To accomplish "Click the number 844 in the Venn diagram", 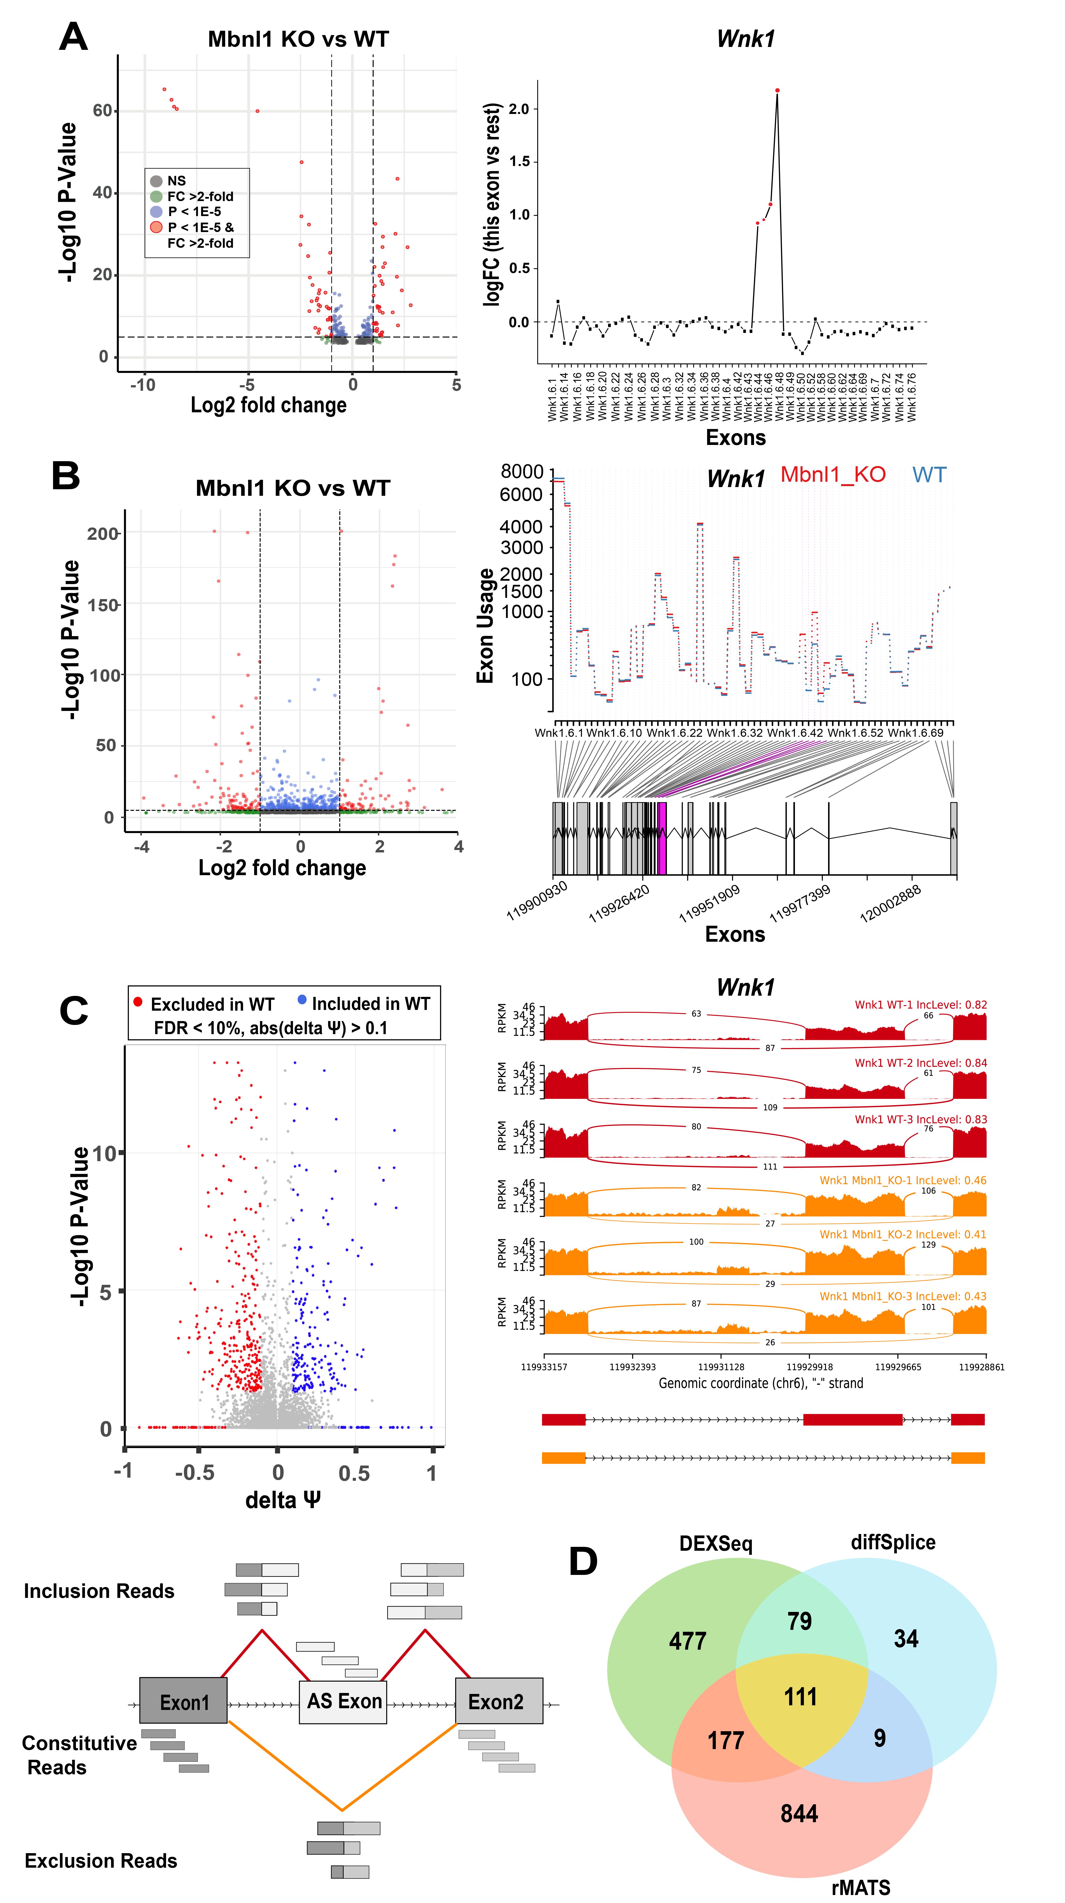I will pos(799,1814).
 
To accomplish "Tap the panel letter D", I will pos(583,1561).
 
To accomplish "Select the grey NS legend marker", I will pos(156,181).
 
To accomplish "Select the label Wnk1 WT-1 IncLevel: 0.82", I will pos(920,1005).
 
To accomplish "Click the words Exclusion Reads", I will pos(100,1860).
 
